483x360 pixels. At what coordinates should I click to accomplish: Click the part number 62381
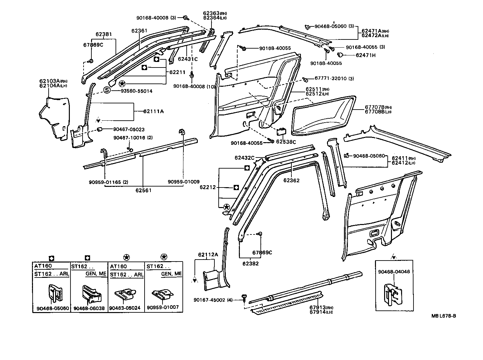103,34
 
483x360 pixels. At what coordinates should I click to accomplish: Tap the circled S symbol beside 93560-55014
107,91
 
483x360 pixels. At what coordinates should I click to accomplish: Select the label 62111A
153,112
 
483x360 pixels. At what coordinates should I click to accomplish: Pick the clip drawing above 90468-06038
92,293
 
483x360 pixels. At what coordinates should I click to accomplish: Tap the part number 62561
143,190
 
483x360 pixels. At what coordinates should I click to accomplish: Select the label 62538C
286,142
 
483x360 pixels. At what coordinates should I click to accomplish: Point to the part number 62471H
366,55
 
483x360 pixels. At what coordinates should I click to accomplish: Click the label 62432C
244,158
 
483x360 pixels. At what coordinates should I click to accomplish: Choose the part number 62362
291,180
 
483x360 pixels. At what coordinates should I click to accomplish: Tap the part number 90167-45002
209,300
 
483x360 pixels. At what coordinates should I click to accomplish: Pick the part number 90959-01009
184,182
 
